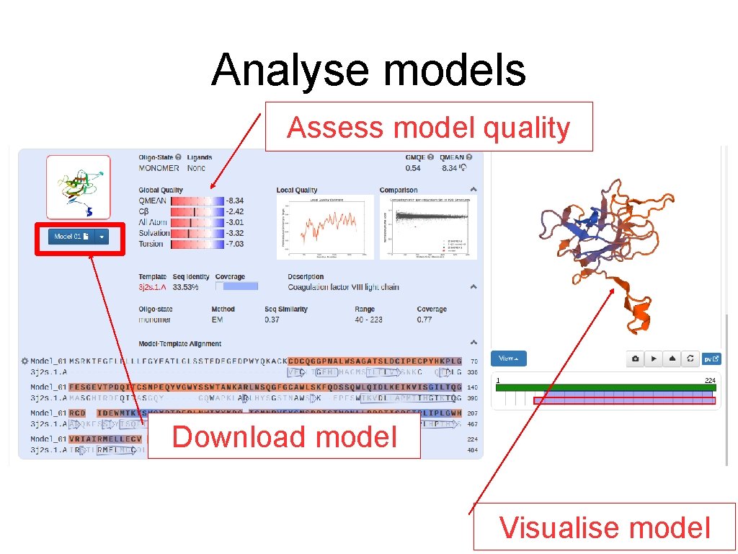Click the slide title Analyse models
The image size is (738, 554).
coord(368,71)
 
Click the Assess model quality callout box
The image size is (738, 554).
coord(428,127)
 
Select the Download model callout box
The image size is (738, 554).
coord(284,436)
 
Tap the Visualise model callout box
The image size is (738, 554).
coord(604,527)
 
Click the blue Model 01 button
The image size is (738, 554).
coord(71,237)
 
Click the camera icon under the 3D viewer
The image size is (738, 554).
coord(635,359)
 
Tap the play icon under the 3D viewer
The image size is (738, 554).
coord(654,359)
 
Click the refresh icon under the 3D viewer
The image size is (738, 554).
coord(690,359)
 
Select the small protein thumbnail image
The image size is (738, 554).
coord(79,187)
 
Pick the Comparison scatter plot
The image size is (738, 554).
coord(428,227)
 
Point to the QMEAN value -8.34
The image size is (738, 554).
coord(234,201)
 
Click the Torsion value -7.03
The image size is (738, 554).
coord(234,244)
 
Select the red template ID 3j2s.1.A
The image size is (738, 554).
coord(152,287)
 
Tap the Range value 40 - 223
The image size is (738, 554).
coord(368,320)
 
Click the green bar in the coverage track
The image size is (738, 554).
coord(605,387)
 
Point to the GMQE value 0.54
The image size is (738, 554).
coord(413,168)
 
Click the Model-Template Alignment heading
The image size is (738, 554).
coord(179,344)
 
